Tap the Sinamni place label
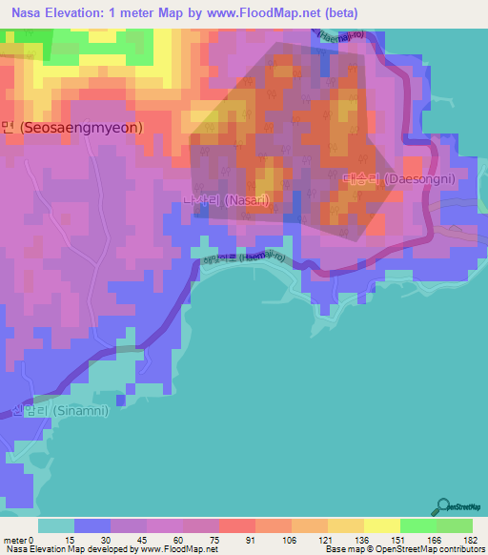tap(60, 411)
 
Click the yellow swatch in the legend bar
tap(381, 524)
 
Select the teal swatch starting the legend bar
tap(56, 524)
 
